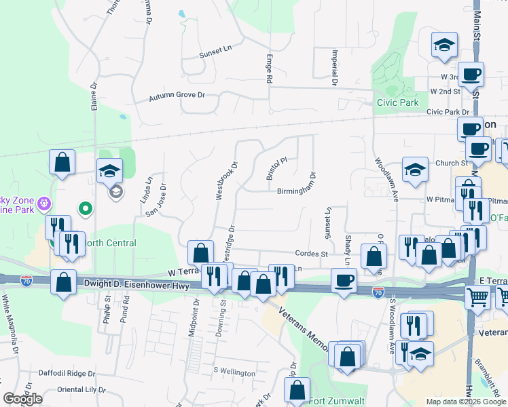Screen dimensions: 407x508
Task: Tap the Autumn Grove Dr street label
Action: [x=177, y=97]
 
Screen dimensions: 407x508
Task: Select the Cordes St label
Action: [x=312, y=254]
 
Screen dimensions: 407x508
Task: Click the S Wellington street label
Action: [x=234, y=372]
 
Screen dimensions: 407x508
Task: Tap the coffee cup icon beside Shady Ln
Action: [x=344, y=279]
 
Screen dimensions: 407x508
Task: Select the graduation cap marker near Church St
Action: [x=415, y=170]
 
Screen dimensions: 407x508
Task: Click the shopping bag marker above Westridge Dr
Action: [x=200, y=252]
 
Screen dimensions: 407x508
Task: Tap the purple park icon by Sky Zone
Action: [x=45, y=202]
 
